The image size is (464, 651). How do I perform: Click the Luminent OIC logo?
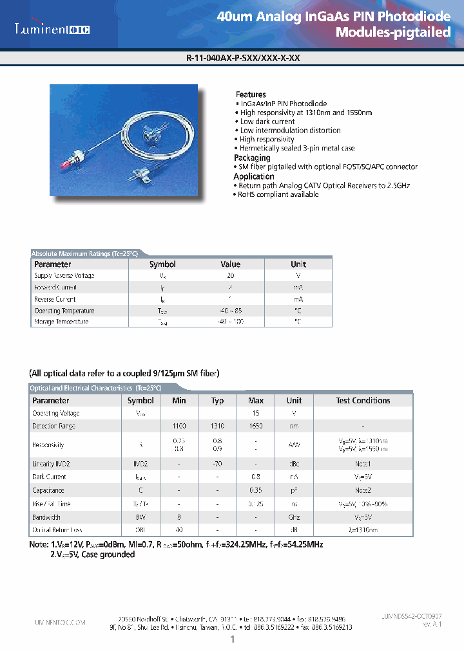tap(52, 29)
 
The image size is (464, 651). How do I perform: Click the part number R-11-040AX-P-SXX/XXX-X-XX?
tap(242, 58)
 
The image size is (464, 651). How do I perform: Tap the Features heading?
tap(251, 95)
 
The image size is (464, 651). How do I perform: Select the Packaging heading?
tap(252, 158)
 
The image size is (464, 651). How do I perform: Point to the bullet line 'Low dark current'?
tap(267, 122)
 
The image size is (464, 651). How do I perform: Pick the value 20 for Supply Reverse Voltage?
tap(230, 275)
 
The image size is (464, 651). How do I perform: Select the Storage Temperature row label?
tap(61, 322)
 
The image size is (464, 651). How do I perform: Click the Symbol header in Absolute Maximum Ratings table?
tap(162, 264)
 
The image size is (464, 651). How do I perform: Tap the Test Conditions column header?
tap(363, 400)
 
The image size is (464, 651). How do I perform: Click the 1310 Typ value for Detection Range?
tap(217, 426)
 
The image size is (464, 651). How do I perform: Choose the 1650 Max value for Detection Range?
tap(256, 426)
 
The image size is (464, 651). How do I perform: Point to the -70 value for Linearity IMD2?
tap(217, 464)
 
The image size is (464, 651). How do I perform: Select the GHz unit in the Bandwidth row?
tap(294, 517)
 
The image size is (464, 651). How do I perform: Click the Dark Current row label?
tap(49, 477)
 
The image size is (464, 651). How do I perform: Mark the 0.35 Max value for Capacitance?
tap(256, 490)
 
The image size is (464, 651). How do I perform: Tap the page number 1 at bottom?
tap(232, 639)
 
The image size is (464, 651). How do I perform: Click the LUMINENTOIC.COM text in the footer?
tap(59, 623)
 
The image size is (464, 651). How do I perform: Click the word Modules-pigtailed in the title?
tap(393, 33)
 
